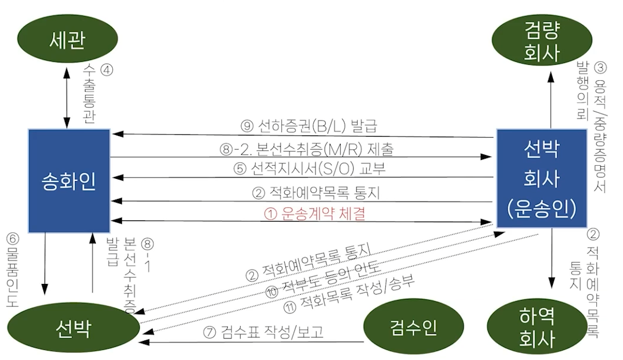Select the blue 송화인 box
point(70,181)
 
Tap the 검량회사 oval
point(542,39)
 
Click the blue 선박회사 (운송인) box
point(542,179)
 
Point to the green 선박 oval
point(74,329)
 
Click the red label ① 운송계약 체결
point(314,214)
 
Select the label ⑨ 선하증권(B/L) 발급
point(309,126)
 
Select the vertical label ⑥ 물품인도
point(13,270)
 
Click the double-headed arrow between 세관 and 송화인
point(67,98)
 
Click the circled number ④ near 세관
point(107,70)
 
